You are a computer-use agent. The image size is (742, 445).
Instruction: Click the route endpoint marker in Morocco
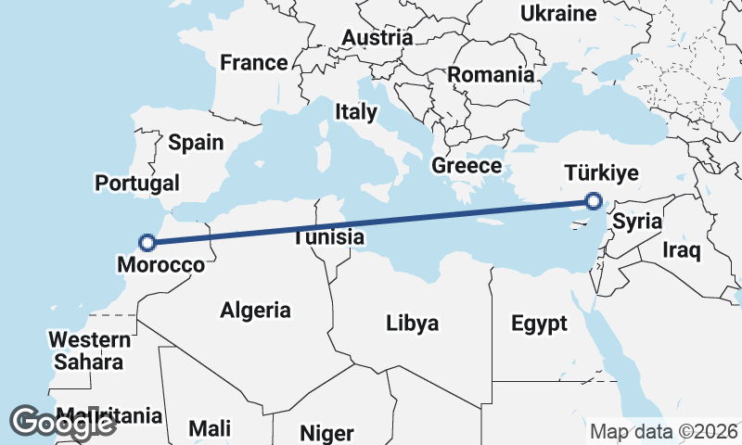pos(146,243)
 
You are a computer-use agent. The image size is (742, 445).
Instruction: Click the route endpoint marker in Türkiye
pos(594,200)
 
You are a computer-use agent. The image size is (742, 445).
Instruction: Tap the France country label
pos(253,63)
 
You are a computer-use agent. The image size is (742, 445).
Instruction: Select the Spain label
pos(196,143)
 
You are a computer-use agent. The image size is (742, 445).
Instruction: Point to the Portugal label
pos(137,183)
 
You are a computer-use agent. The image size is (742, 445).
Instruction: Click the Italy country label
pos(356,112)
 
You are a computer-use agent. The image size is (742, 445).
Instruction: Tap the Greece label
pos(467,167)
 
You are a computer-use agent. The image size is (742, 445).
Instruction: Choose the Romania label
pos(491,75)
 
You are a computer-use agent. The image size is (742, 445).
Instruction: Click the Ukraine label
pos(557,14)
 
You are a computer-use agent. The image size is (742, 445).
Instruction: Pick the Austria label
pos(377,38)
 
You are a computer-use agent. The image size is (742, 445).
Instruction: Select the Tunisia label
pos(328,237)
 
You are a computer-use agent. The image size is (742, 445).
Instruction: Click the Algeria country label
pos(255,311)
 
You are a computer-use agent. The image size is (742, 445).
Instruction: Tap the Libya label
pos(413,324)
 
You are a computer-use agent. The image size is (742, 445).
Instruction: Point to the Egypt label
pos(539,324)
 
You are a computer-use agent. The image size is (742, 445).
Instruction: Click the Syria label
pos(638,222)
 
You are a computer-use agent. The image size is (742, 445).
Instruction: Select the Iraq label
pos(682,249)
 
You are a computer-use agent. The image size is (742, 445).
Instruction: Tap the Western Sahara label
pos(88,350)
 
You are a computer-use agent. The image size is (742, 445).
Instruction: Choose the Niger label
pos(326,433)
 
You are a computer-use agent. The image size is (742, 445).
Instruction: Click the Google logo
pos(62,422)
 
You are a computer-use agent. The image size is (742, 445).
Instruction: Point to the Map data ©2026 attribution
pos(664,431)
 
